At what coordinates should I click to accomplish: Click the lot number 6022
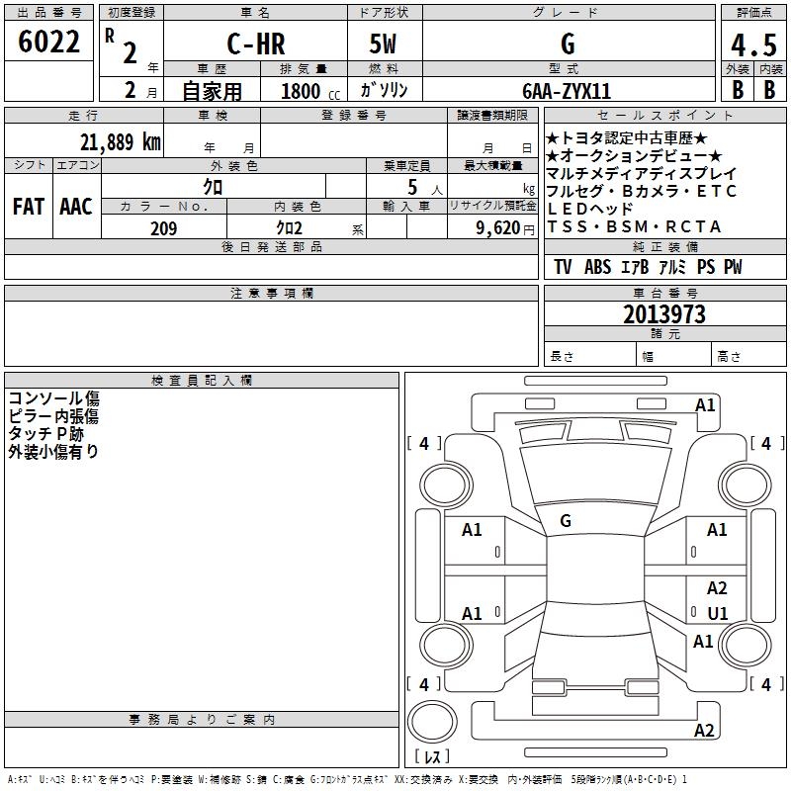[x=48, y=42]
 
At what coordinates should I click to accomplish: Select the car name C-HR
[x=256, y=44]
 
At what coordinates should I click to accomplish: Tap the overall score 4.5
[x=753, y=45]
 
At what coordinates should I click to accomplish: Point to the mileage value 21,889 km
[x=121, y=142]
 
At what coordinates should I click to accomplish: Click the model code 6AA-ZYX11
[x=567, y=91]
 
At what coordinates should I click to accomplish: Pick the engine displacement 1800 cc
[x=310, y=91]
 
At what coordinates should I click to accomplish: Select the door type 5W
[x=383, y=44]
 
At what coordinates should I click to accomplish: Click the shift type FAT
[x=29, y=207]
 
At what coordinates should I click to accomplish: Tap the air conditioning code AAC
[x=76, y=207]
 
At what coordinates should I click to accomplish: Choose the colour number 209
[x=163, y=228]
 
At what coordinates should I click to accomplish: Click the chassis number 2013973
[x=664, y=314]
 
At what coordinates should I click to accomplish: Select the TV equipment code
[x=563, y=267]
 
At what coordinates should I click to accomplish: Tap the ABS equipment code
[x=597, y=267]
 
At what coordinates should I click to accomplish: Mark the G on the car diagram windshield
[x=566, y=521]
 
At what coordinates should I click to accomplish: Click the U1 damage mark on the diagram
[x=718, y=613]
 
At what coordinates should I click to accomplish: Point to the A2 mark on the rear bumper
[x=704, y=730]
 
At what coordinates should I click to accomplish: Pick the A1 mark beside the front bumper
[x=705, y=405]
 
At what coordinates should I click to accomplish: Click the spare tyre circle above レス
[x=432, y=722]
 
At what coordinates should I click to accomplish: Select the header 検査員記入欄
[x=202, y=381]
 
